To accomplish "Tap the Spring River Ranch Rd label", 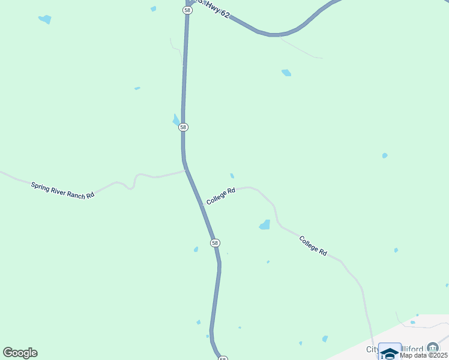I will (62, 190).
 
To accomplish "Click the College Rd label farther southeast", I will (313, 246).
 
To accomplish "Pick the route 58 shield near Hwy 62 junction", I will (187, 10).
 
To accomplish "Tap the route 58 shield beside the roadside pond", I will (183, 127).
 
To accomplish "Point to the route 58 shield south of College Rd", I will (215, 242).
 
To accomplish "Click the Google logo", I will (20, 353).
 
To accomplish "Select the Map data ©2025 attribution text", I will (423, 355).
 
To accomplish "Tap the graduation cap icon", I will (390, 352).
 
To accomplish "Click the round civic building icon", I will (433, 347).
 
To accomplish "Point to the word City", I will (373, 349).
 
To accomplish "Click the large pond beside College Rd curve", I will (265, 225).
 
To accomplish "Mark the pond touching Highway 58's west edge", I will (176, 120).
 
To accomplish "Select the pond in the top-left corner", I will (45, 19).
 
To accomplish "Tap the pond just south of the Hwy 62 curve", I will (286, 73).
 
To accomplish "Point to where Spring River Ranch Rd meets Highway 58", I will (185, 170).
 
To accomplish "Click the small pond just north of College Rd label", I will (232, 176).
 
